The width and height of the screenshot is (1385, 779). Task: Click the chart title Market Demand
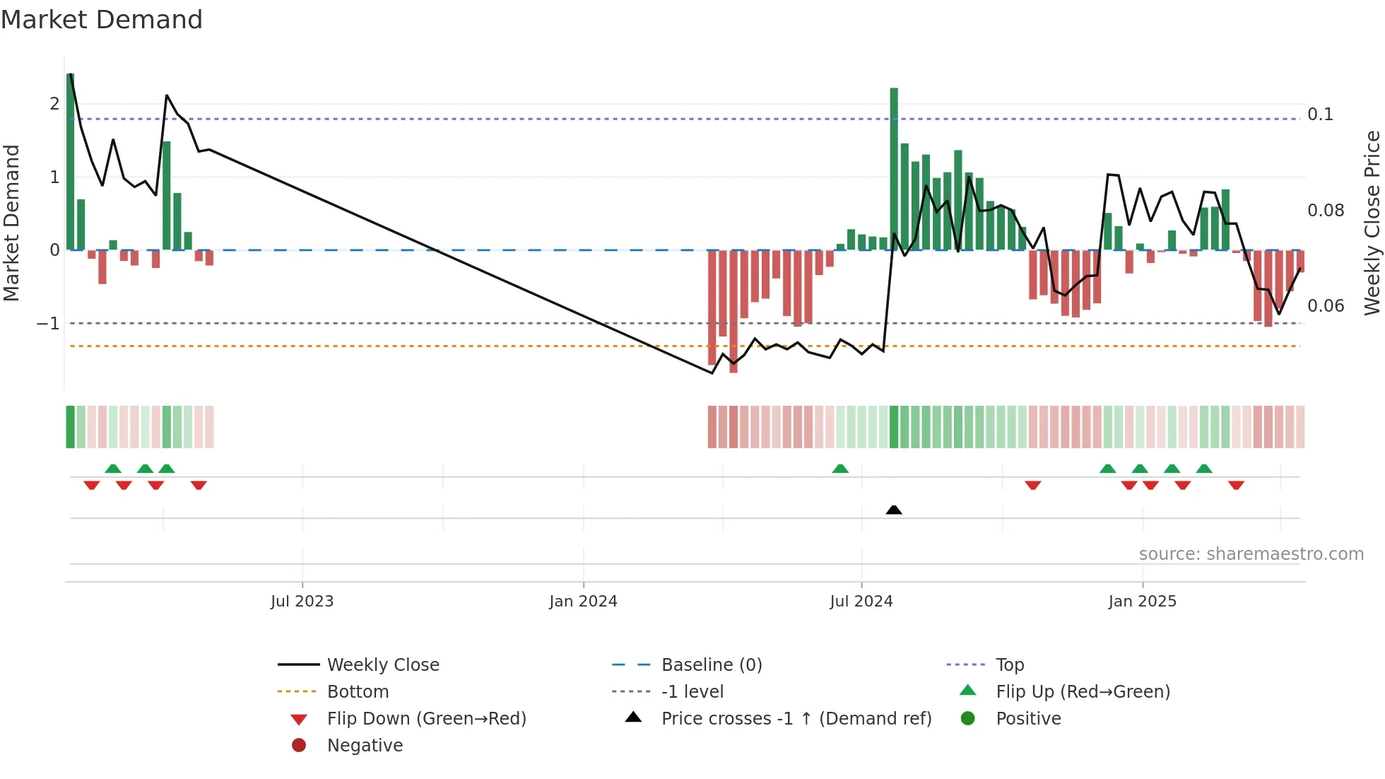point(102,20)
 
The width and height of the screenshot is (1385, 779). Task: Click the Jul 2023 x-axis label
point(302,602)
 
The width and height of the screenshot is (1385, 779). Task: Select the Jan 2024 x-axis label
point(583,602)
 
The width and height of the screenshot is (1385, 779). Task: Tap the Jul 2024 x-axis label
point(861,602)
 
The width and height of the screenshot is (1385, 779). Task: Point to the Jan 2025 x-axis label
point(1142,602)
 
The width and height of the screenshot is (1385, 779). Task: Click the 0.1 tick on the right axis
point(1319,115)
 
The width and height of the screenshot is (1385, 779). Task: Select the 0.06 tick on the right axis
point(1325,306)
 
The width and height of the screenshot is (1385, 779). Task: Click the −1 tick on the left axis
point(49,324)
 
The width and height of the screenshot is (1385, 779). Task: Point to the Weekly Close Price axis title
point(1372,223)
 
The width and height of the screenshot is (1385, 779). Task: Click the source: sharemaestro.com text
point(1251,554)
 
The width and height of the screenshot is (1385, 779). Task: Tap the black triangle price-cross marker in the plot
point(893,510)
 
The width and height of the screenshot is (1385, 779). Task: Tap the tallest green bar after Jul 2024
point(894,170)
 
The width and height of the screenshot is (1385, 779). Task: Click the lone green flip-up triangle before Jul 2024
point(840,469)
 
